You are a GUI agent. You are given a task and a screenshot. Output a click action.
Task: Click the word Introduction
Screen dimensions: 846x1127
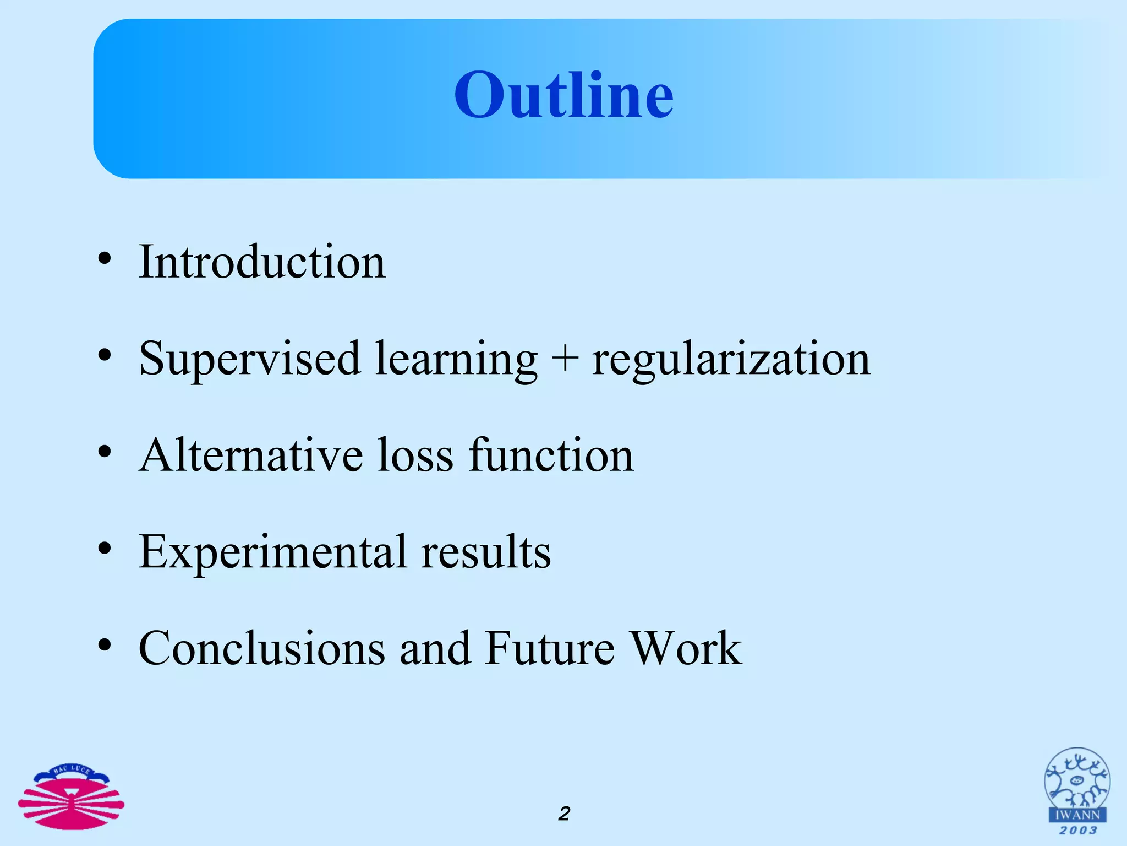tap(262, 262)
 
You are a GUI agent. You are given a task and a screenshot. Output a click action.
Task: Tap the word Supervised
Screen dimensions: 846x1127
tap(249, 359)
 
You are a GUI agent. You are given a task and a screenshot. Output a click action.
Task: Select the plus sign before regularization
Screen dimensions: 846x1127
tap(564, 359)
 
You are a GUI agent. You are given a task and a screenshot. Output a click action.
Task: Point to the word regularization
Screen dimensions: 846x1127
tap(731, 359)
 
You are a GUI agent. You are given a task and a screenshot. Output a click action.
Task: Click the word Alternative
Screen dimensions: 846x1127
tap(250, 455)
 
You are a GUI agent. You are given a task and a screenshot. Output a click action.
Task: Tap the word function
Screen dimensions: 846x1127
tap(551, 455)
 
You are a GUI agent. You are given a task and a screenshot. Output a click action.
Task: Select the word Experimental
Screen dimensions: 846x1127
tap(273, 552)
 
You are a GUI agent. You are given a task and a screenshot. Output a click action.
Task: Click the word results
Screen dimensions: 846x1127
tap(485, 552)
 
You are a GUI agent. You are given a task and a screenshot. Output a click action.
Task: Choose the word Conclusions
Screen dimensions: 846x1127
tap(262, 648)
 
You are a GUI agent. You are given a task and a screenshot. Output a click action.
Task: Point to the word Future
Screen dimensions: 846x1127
tap(550, 648)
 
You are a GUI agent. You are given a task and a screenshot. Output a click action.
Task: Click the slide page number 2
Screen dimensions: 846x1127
tap(564, 814)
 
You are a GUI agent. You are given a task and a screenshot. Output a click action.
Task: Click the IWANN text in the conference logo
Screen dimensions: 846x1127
tap(1077, 815)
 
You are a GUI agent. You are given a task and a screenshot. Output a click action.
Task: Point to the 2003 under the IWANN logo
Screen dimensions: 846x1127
tap(1077, 831)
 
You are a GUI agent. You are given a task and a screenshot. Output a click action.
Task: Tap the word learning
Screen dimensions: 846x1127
tap(456, 359)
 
